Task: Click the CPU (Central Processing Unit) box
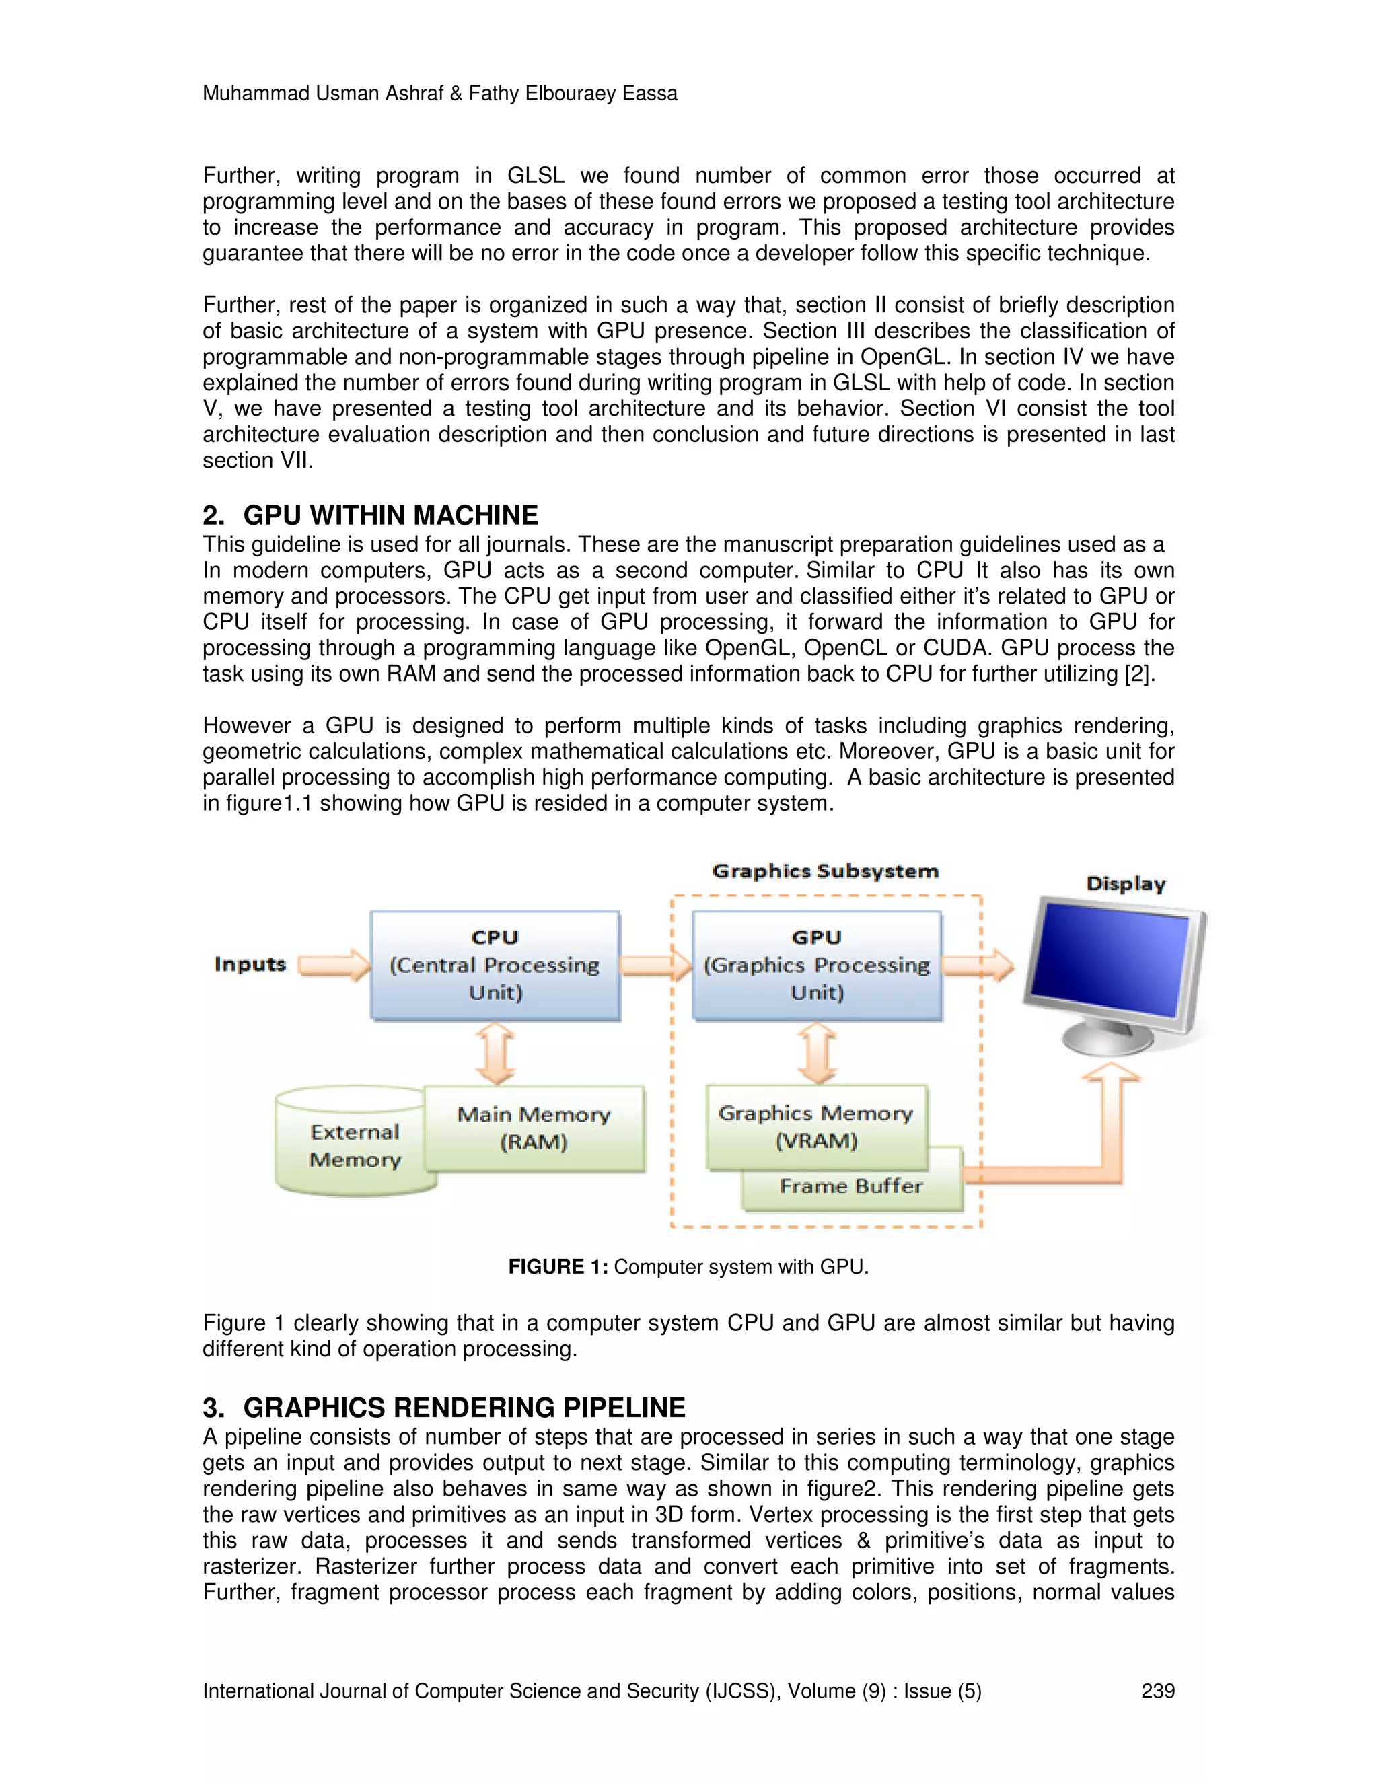[495, 965]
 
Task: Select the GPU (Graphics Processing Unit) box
[816, 965]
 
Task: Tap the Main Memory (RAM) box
[535, 1128]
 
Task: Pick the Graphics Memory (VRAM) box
[816, 1126]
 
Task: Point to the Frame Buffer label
[850, 1186]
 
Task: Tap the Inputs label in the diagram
[250, 964]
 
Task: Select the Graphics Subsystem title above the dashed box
[826, 871]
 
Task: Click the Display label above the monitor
[1126, 883]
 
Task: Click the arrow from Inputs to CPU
[334, 965]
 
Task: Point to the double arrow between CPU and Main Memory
[495, 1054]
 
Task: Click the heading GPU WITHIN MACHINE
[390, 515]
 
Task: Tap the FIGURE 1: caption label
[558, 1266]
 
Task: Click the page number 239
[1157, 1691]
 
